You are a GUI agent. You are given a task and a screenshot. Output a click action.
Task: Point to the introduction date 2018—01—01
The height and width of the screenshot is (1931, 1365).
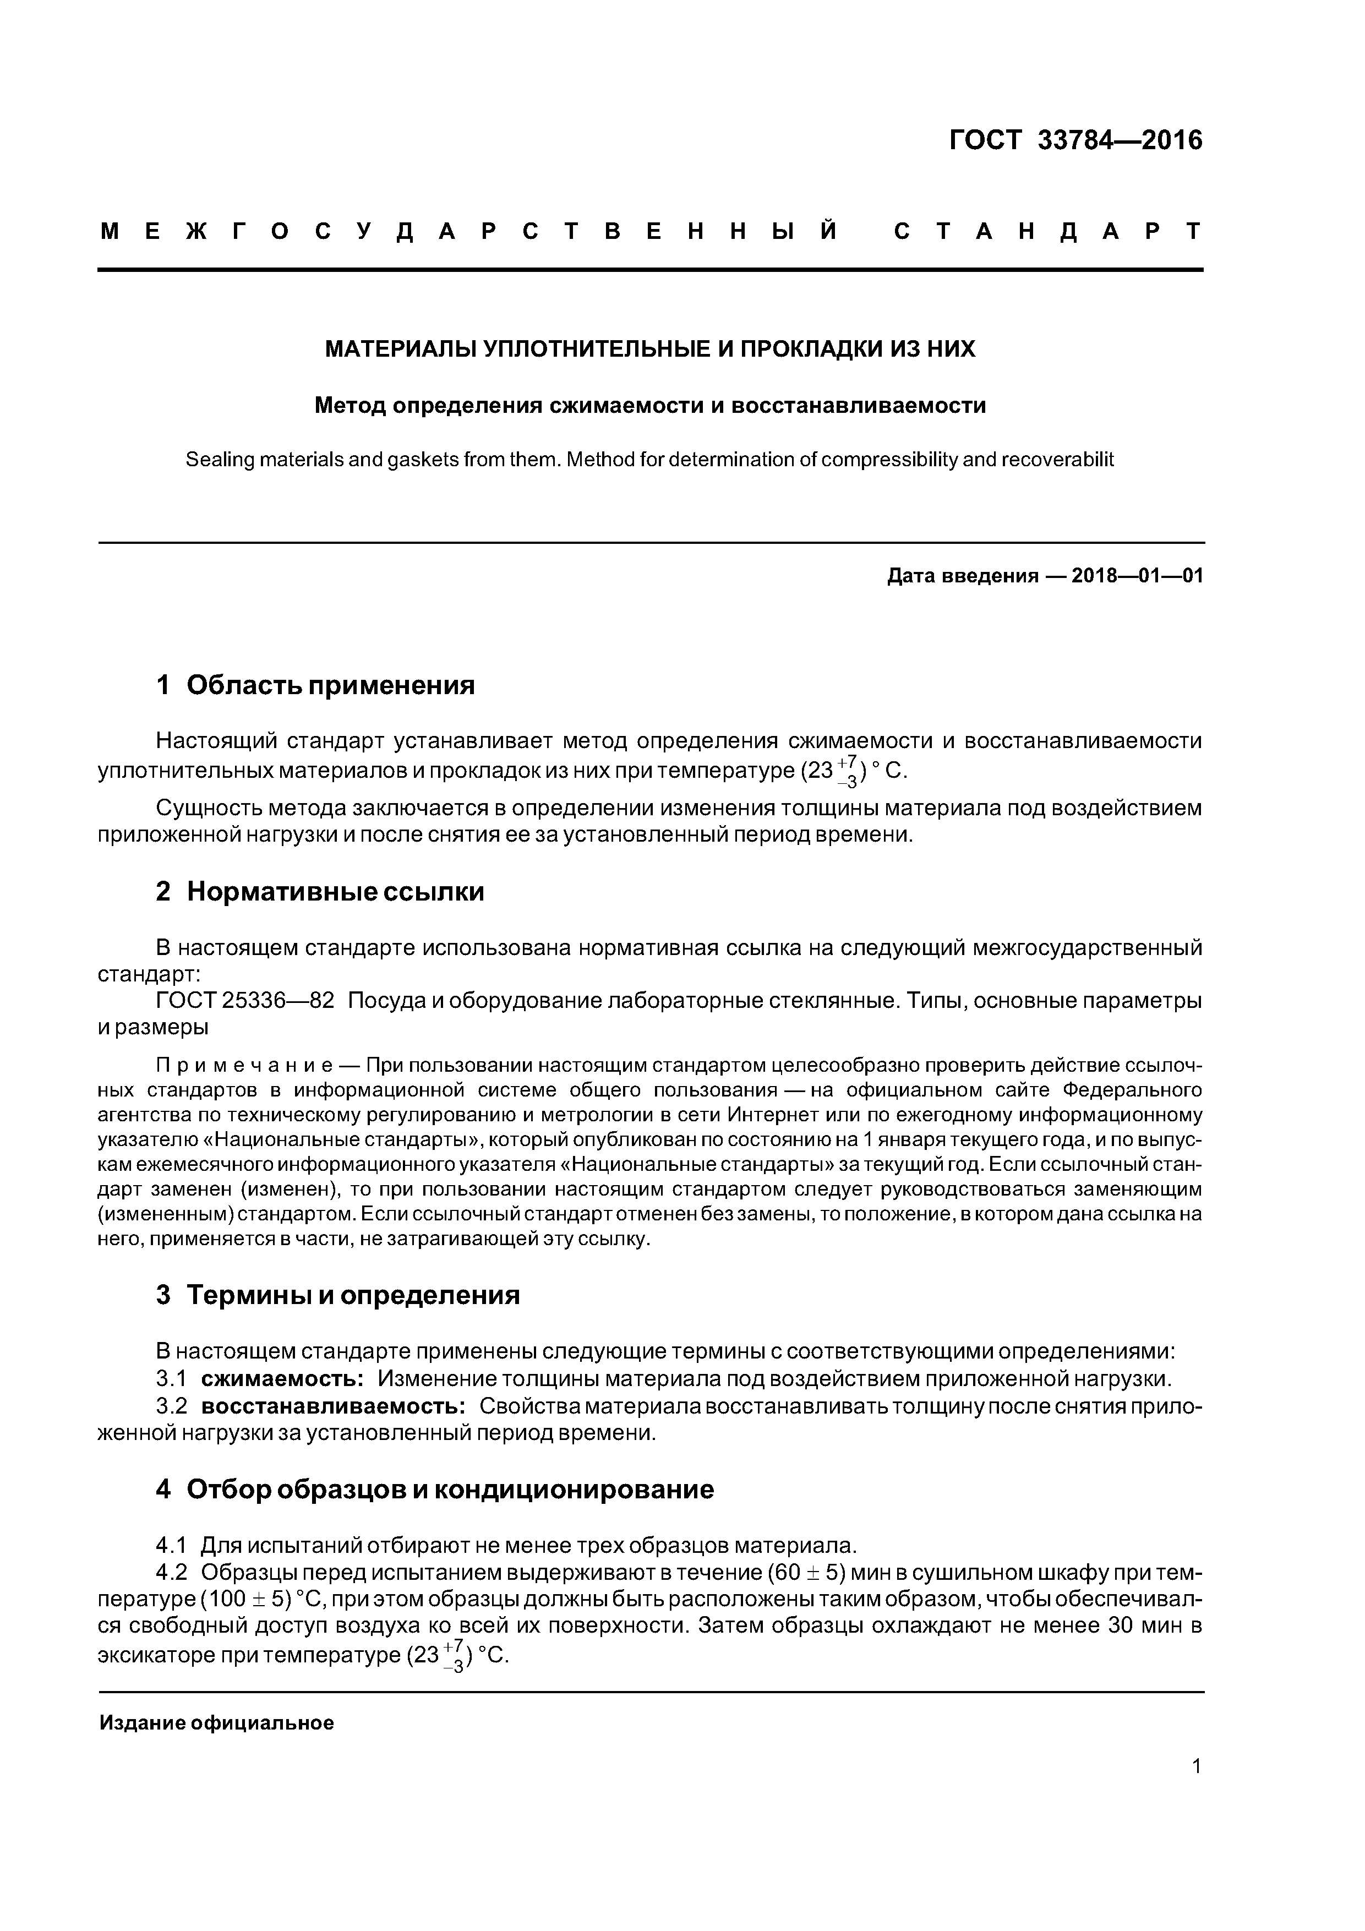tap(1137, 576)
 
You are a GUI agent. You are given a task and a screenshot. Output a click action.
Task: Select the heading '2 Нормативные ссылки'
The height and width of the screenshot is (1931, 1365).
tap(320, 892)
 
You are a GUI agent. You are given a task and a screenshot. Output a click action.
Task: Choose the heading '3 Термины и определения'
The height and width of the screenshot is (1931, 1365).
tap(337, 1295)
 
